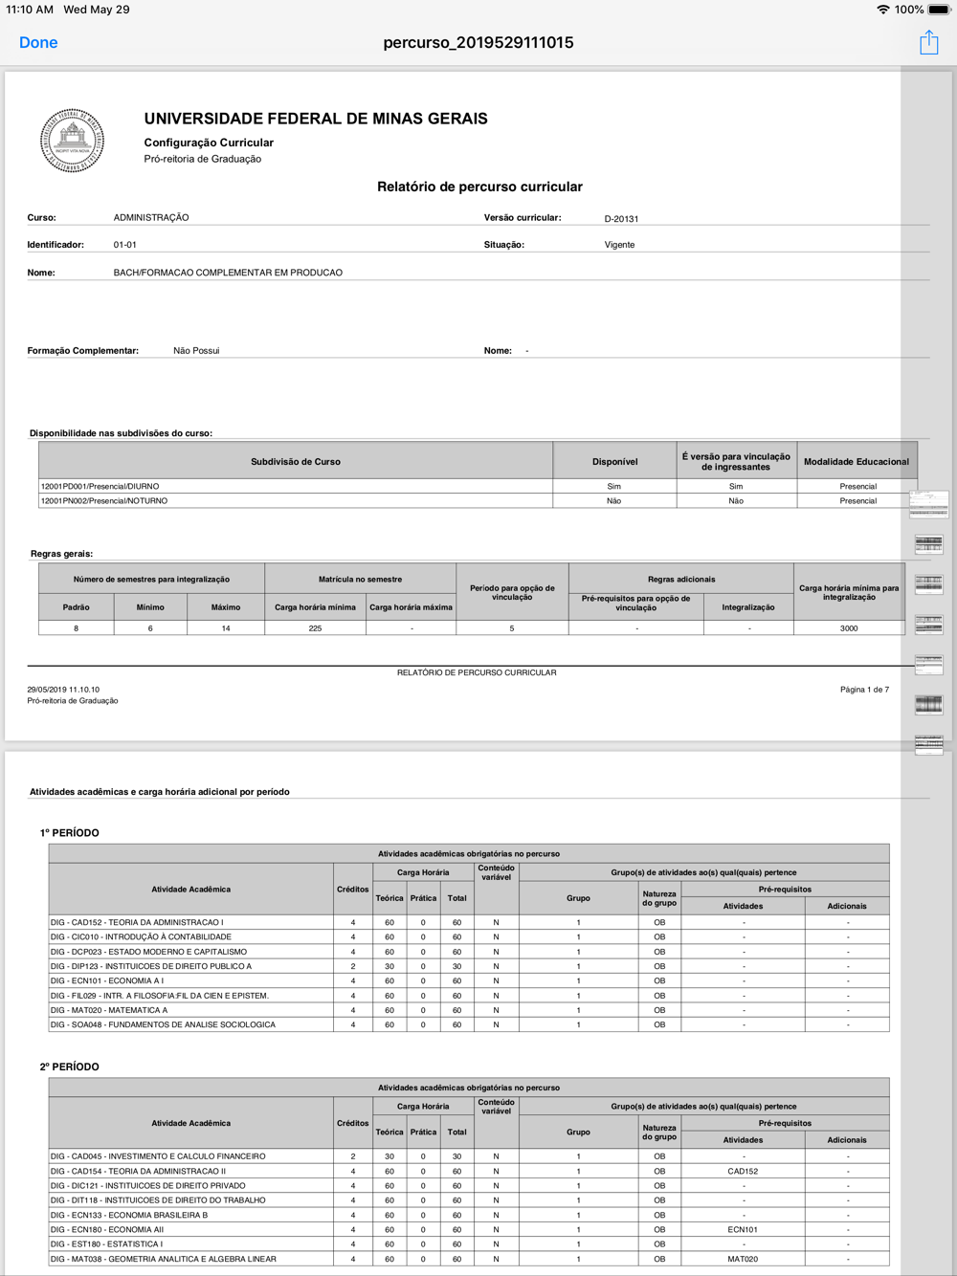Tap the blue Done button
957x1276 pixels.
pyautogui.click(x=38, y=43)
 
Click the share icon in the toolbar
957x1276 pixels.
pyautogui.click(x=928, y=42)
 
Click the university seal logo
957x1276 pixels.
pyautogui.click(x=73, y=141)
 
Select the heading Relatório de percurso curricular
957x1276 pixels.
pyautogui.click(x=479, y=187)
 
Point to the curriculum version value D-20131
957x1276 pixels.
pyautogui.click(x=621, y=219)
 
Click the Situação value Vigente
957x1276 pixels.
pyautogui.click(x=619, y=245)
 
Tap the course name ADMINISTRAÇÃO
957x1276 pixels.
pyautogui.click(x=151, y=218)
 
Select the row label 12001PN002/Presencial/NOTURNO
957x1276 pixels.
pyautogui.click(x=104, y=501)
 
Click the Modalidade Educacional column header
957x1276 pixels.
pyautogui.click(x=856, y=462)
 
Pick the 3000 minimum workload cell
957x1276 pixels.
pyautogui.click(x=849, y=628)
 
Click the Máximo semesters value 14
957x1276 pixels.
pyautogui.click(x=226, y=628)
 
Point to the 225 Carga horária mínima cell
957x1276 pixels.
pyautogui.click(x=315, y=628)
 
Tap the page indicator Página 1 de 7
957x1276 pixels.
pyautogui.click(x=864, y=690)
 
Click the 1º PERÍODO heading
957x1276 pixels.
pyautogui.click(x=70, y=833)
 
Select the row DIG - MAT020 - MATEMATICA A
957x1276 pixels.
pyautogui.click(x=109, y=1010)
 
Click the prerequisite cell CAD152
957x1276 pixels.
pyautogui.click(x=743, y=1171)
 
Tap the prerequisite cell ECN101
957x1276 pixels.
pyautogui.click(x=743, y=1230)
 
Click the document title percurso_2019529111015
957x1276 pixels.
pyautogui.click(x=478, y=43)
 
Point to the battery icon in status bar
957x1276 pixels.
pyautogui.click(x=938, y=10)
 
